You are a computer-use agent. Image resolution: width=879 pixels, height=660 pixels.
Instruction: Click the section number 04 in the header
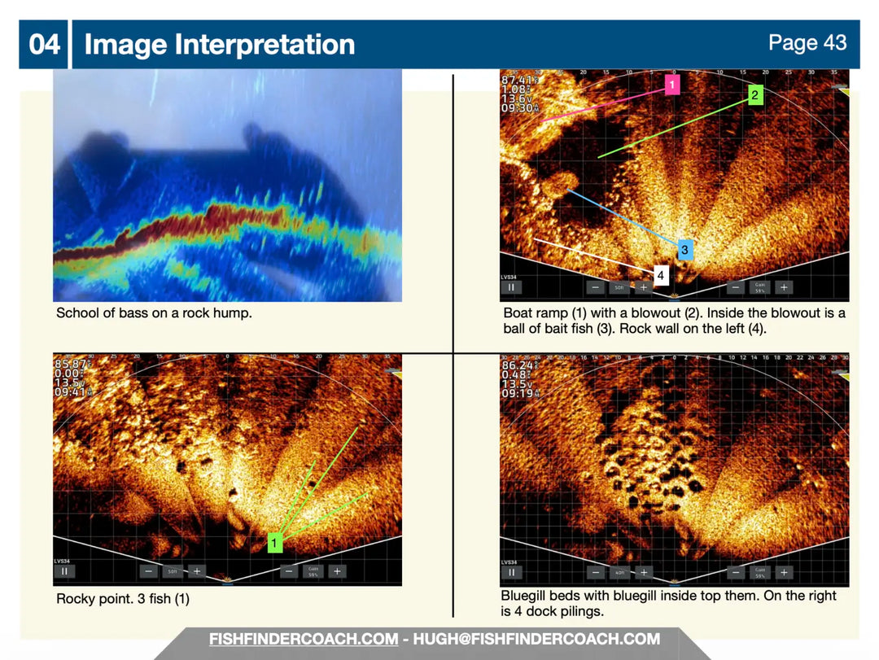pos(45,44)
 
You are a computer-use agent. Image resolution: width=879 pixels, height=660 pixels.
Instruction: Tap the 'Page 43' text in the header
pos(807,42)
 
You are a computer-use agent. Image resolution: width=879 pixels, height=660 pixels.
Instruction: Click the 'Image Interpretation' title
pos(220,44)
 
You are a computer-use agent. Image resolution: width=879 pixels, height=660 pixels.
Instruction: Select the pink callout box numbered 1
pos(671,85)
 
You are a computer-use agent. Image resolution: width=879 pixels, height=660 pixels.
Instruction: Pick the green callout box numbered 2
pos(754,95)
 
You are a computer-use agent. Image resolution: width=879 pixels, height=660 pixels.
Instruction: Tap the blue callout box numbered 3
pos(684,249)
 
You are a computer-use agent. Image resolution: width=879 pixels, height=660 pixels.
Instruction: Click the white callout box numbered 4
pos(660,276)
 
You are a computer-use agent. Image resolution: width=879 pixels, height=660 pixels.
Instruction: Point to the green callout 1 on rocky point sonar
pos(274,542)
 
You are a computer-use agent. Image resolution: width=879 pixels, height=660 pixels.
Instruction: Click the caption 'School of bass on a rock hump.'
pos(154,313)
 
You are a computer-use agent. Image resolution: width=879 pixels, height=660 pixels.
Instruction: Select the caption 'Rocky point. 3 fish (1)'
pos(123,599)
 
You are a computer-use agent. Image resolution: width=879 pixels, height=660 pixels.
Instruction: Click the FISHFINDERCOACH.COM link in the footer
pos(303,639)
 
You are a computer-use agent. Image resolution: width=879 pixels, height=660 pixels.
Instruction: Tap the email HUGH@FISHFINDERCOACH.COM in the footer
pos(536,639)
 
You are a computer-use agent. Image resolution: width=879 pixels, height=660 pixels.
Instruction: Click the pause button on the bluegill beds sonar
pos(512,572)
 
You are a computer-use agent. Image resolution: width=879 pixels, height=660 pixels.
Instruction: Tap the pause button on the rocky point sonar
pos(64,571)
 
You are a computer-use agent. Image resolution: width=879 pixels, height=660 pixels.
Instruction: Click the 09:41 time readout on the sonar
pos(71,392)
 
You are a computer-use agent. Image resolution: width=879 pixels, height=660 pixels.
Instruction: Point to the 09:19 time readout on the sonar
pos(518,392)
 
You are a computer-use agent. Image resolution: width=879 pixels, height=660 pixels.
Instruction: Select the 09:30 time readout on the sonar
pos(518,107)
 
